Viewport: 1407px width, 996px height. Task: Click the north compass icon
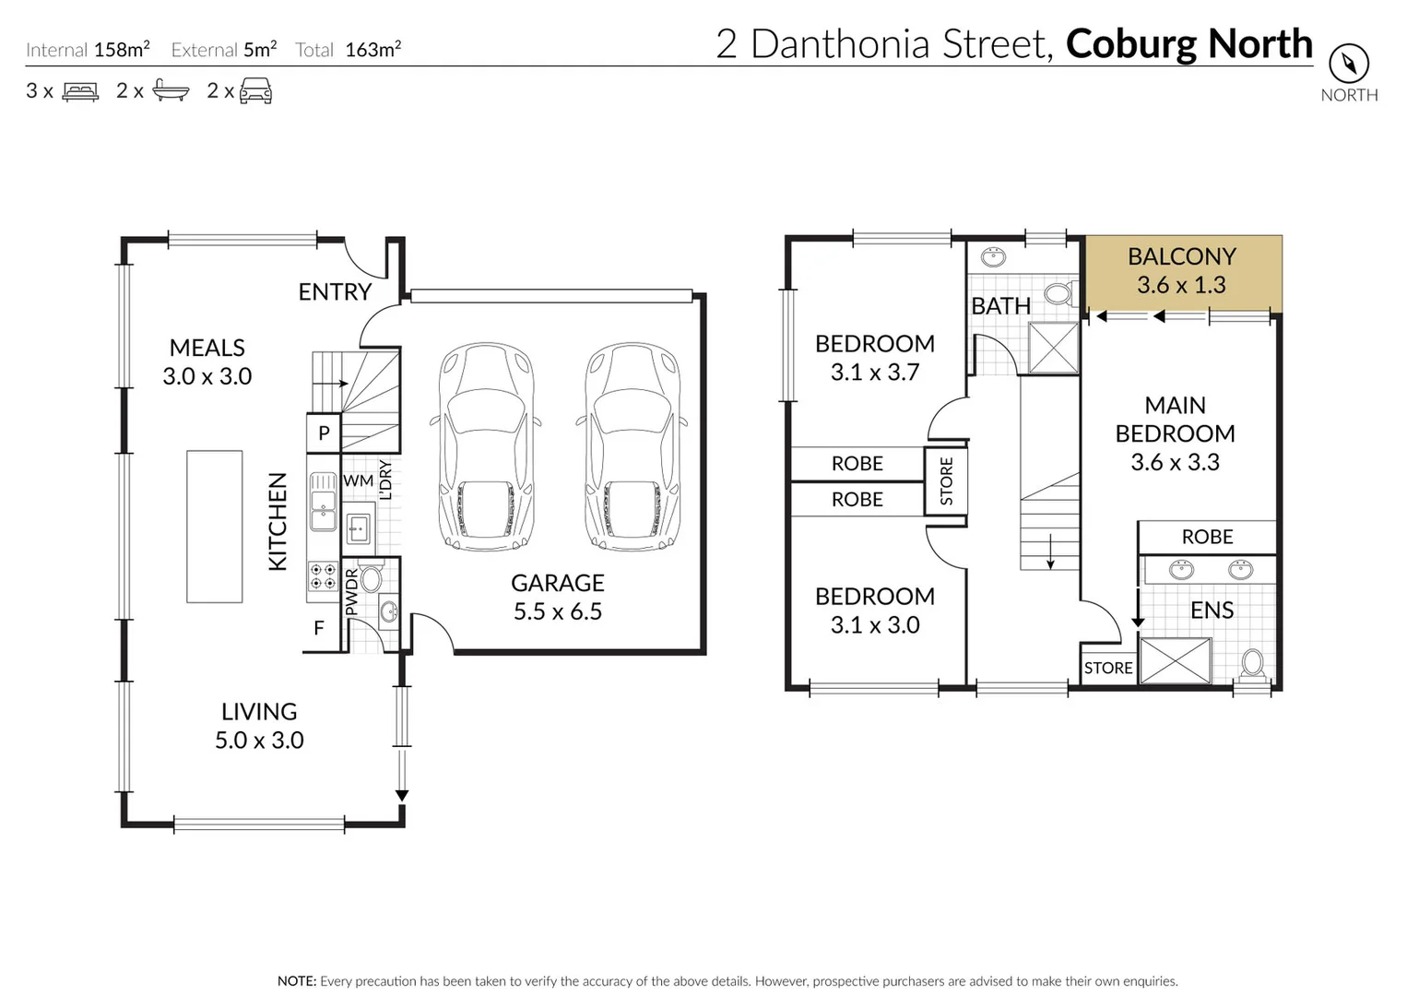tap(1348, 64)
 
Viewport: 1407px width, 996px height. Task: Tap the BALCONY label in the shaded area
tap(1181, 256)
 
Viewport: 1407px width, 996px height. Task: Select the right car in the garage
tap(632, 446)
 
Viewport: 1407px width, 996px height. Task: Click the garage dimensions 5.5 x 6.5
tap(557, 611)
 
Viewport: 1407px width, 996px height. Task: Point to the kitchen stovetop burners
tap(323, 576)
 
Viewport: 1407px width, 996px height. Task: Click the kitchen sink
tap(323, 502)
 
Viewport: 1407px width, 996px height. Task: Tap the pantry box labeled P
tap(324, 433)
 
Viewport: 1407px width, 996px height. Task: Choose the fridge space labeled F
tap(319, 628)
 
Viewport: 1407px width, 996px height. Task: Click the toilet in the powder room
tap(371, 579)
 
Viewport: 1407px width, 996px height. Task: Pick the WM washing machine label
tap(358, 480)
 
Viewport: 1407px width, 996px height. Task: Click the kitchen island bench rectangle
tap(214, 527)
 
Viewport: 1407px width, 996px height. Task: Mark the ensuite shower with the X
tap(1176, 661)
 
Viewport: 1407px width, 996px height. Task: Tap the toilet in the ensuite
tap(1252, 663)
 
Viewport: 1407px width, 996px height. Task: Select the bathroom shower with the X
tap(1053, 348)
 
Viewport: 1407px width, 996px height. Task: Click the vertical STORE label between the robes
tap(946, 481)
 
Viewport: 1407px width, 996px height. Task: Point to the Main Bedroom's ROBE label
tap(1207, 537)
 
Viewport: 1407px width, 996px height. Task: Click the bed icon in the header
tap(80, 91)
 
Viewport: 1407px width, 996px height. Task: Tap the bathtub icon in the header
tap(171, 90)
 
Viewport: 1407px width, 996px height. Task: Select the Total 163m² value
tap(372, 50)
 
